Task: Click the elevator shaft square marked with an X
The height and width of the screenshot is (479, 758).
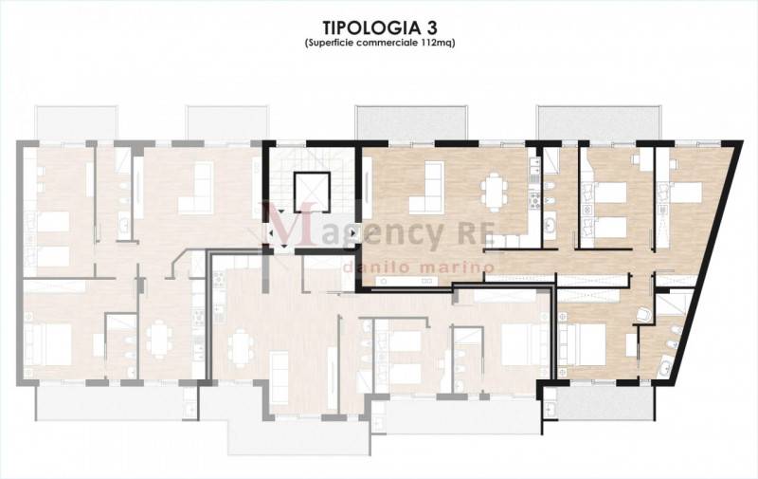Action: point(312,191)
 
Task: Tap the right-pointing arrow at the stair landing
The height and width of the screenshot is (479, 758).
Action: point(353,233)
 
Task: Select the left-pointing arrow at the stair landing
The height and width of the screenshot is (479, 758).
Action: point(270,233)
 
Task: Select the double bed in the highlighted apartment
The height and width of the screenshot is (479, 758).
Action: point(582,344)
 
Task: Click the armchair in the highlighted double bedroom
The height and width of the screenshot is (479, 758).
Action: point(643,315)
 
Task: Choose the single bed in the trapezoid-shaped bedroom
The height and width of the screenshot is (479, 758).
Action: point(685,193)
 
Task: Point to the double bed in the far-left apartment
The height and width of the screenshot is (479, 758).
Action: point(48,344)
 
